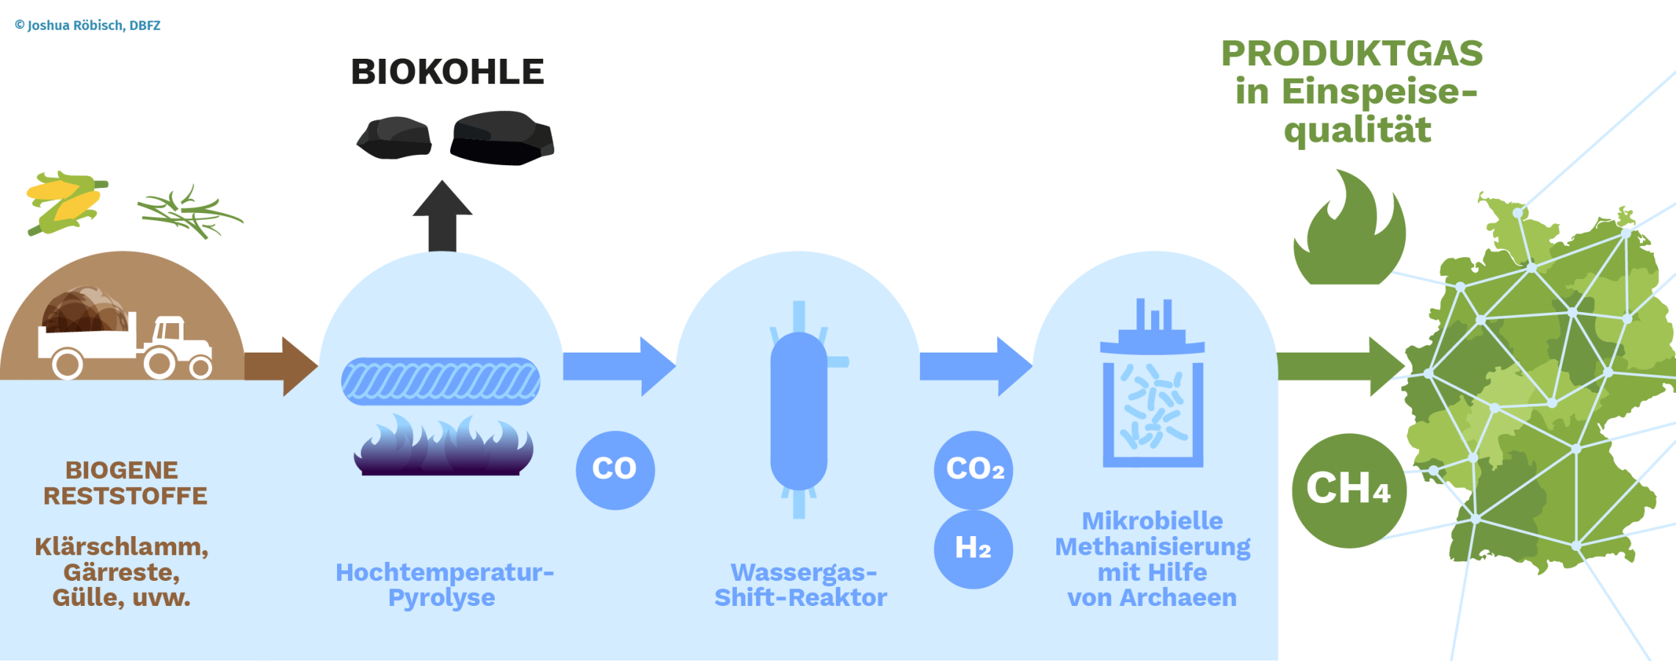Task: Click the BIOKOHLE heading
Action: [x=447, y=72]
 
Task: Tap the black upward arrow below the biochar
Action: [x=442, y=216]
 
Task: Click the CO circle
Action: [x=615, y=470]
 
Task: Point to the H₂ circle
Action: [x=973, y=549]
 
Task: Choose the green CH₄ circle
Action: [x=1349, y=491]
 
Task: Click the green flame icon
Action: [x=1349, y=228]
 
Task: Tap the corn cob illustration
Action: [x=66, y=203]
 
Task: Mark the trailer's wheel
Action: [x=68, y=364]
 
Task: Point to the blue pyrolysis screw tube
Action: [x=440, y=381]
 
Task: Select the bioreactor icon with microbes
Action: [x=1153, y=383]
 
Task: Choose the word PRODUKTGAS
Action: [x=1352, y=54]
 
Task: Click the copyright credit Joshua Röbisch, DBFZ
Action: [x=87, y=26]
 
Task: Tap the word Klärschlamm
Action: [x=122, y=547]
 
